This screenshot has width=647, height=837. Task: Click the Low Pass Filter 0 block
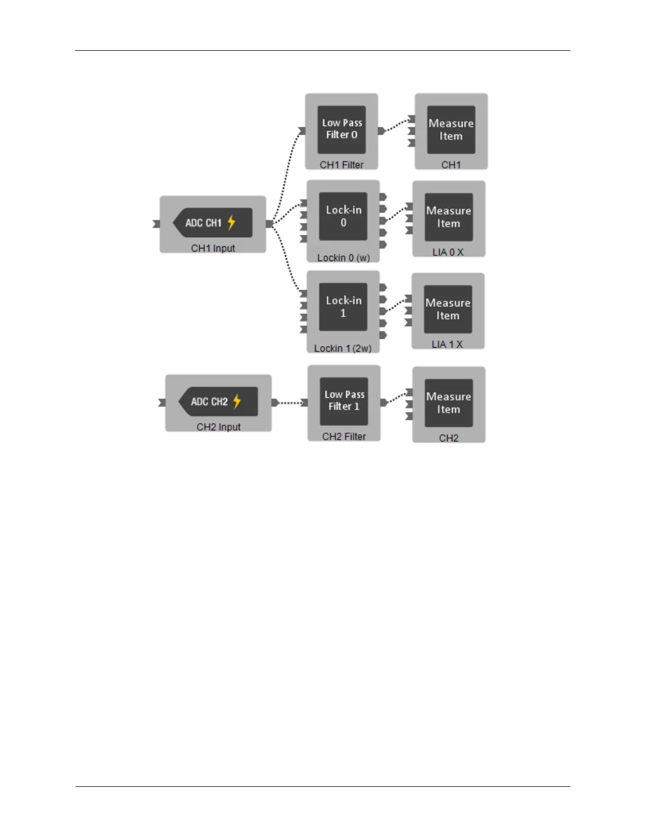coord(341,129)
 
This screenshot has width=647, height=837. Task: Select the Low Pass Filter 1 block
coord(344,401)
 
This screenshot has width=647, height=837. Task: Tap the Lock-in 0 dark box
coord(343,216)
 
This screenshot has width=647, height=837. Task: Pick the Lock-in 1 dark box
coord(343,306)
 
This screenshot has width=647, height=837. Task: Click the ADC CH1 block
coord(212,223)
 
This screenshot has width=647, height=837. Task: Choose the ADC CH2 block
coord(218,402)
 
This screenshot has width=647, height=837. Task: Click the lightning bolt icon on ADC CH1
coord(231,223)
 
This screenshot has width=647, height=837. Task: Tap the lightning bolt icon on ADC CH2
coord(237,402)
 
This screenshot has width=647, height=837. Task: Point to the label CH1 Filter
coord(341,165)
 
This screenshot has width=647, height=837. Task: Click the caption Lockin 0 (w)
coord(343,258)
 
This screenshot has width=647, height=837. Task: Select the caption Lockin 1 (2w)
coord(343,348)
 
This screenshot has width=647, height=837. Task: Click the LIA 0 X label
coord(448,252)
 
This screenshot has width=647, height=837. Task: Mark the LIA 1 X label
coord(447,345)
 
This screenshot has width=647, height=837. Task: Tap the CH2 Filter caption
coord(344,436)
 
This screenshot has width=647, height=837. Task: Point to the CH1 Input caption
coord(213,248)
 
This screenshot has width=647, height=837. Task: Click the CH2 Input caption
coord(218,427)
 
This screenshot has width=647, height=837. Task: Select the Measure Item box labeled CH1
coord(451,129)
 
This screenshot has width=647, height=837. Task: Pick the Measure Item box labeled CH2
coord(448,403)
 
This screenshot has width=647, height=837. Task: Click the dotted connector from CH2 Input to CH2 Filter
coord(290,403)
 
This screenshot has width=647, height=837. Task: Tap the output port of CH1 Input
coord(270,224)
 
